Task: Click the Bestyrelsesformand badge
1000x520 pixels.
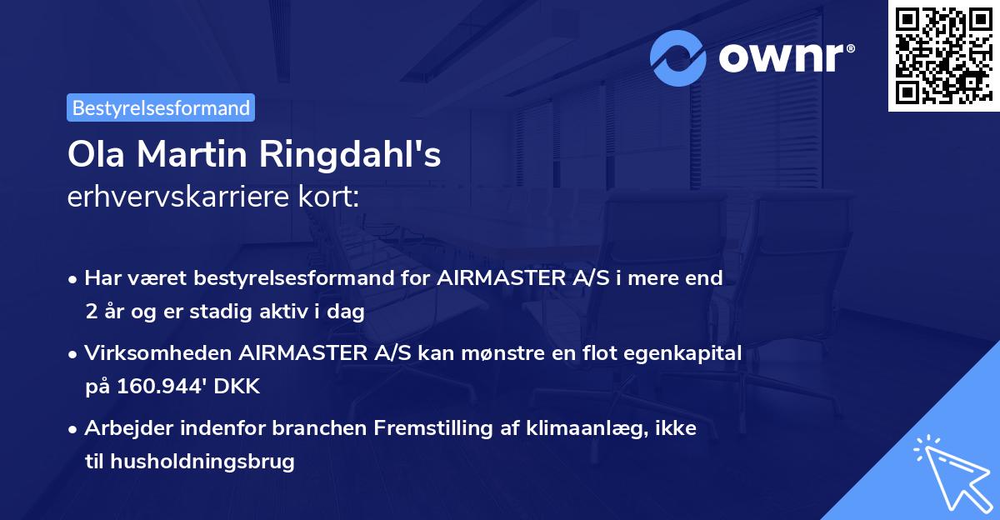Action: (161, 107)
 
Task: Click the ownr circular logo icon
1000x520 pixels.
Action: (678, 57)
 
